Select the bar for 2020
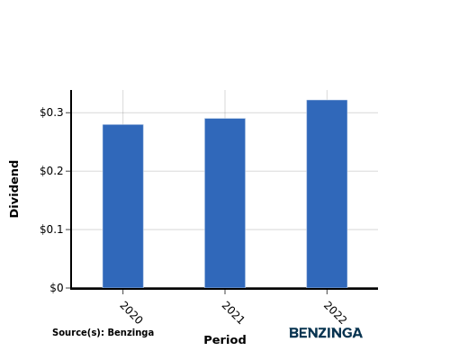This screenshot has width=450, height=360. click(x=123, y=206)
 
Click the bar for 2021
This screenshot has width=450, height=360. click(x=225, y=203)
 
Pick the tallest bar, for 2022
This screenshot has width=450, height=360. click(x=327, y=193)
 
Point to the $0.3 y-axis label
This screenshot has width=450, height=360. click(x=51, y=112)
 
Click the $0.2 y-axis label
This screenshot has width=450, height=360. click(x=51, y=171)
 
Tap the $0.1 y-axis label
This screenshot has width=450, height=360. click(x=51, y=229)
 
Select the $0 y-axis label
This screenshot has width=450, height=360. click(x=57, y=288)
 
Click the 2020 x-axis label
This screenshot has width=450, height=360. click(x=130, y=313)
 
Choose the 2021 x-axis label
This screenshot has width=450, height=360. click(x=233, y=313)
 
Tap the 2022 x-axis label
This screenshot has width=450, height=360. click(x=335, y=313)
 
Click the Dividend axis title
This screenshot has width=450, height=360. click(x=14, y=189)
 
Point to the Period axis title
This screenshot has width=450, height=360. click(x=225, y=340)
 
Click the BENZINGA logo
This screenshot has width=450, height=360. click(x=326, y=333)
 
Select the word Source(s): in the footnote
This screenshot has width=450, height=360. click(x=78, y=332)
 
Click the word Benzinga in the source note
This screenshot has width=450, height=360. click(x=130, y=333)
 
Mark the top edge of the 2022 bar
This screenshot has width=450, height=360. click(x=327, y=100)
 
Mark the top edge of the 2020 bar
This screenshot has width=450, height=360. click(x=123, y=124)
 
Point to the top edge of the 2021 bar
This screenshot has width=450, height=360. click(x=225, y=119)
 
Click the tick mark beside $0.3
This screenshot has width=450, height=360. click(x=68, y=112)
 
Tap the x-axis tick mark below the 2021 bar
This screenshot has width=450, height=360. click(x=225, y=292)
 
